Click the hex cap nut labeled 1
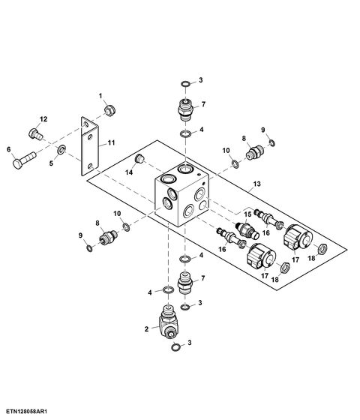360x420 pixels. (x=109, y=110)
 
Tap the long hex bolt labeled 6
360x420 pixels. (x=24, y=160)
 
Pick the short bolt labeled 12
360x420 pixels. (x=35, y=134)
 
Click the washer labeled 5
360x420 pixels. (x=61, y=149)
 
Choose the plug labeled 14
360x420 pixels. (x=139, y=158)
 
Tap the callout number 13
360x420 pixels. (x=256, y=184)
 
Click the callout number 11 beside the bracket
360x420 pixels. (x=111, y=142)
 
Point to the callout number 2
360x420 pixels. (x=146, y=329)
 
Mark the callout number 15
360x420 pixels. (x=247, y=214)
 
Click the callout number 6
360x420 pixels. (x=9, y=149)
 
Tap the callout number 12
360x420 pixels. (x=43, y=119)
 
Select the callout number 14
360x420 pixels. (x=129, y=172)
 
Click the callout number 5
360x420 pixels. (x=51, y=163)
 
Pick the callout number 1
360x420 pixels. (x=100, y=96)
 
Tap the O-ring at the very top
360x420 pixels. (x=186, y=84)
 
